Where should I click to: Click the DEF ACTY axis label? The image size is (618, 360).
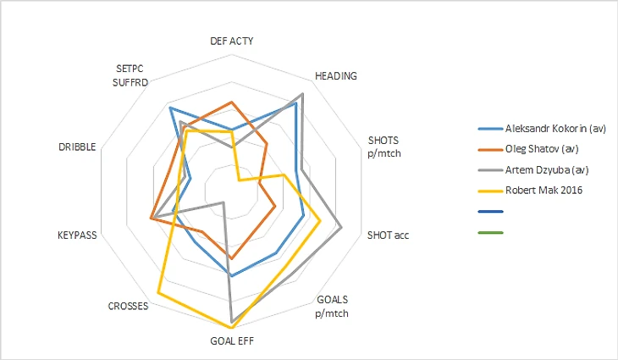pos(231,41)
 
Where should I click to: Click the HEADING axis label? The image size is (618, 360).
pos(335,75)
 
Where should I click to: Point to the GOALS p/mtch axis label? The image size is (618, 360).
pos(332,305)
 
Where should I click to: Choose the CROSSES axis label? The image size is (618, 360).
pos(129,306)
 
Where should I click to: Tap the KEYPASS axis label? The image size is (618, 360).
pos(78,235)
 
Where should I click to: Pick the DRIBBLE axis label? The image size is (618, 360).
pos(77,147)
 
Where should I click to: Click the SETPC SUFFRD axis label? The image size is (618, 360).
pos(130,75)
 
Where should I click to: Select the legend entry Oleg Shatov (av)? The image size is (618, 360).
pos(542,149)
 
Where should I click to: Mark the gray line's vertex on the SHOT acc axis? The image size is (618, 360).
pos(340,227)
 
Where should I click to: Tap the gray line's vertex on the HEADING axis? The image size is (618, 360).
pos(302,93)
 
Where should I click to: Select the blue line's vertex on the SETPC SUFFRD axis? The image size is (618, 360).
pos(170,108)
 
